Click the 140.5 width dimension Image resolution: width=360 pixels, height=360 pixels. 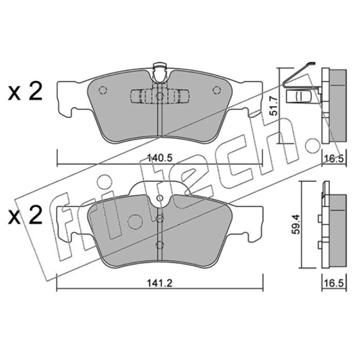[x=160, y=158]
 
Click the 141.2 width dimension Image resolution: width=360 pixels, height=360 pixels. [x=160, y=283]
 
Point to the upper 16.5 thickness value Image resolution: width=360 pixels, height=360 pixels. [x=334, y=158]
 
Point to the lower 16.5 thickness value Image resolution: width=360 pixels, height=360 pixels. [x=334, y=283]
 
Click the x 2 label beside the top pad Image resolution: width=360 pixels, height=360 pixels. [x=25, y=91]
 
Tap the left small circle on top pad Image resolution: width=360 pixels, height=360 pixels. [x=103, y=90]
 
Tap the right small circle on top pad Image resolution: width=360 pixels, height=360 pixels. [x=216, y=90]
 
